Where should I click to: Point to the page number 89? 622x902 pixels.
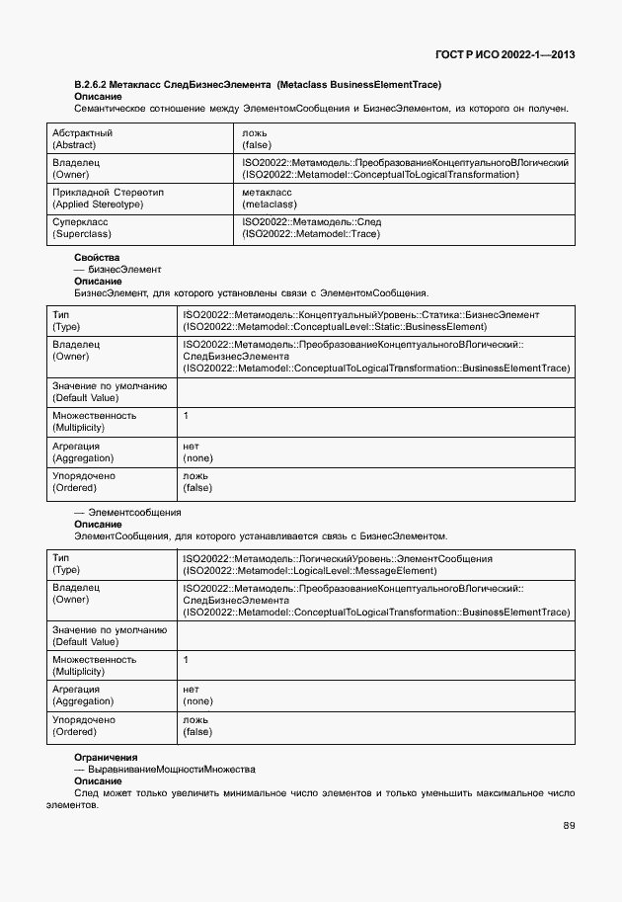[x=570, y=825]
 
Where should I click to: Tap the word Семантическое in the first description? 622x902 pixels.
[x=108, y=108]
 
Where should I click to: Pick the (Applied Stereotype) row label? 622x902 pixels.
[x=98, y=205]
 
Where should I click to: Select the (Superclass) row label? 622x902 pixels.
[x=81, y=234]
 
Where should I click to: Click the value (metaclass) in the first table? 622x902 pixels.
[x=269, y=205]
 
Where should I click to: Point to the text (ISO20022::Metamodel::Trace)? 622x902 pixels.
[x=311, y=234]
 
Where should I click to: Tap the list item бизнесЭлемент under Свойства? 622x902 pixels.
[x=124, y=270]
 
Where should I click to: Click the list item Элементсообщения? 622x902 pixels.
[x=134, y=513]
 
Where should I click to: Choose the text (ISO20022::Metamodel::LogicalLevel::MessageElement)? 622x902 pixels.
[x=309, y=570]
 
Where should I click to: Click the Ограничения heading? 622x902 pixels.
[x=106, y=757]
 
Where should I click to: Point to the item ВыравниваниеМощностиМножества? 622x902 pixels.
[x=172, y=769]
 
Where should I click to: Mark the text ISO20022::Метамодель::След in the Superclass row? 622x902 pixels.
[x=311, y=222]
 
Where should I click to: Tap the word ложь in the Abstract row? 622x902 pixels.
[x=254, y=132]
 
